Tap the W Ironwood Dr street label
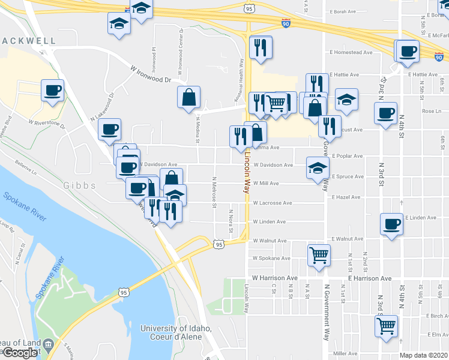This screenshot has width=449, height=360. coord(150,74)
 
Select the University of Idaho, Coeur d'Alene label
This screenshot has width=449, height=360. coord(176,332)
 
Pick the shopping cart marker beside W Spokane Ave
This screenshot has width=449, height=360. coord(319,254)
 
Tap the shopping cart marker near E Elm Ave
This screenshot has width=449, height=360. coord(387,326)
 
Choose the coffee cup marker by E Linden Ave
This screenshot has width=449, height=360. coord(392,224)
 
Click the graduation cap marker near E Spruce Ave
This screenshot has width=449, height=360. coord(318,168)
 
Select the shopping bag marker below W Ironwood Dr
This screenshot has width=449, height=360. coord(188,98)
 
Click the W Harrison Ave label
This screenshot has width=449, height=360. coord(275,278)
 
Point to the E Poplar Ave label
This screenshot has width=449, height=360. coord(348,156)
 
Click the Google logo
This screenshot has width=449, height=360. coord(20,353)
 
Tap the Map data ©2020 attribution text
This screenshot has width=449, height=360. coord(424,355)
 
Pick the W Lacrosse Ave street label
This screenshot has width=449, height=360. coord(273,203)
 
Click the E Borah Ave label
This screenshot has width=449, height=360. coord(343,11)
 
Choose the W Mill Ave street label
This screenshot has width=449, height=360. coord(265,184)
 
